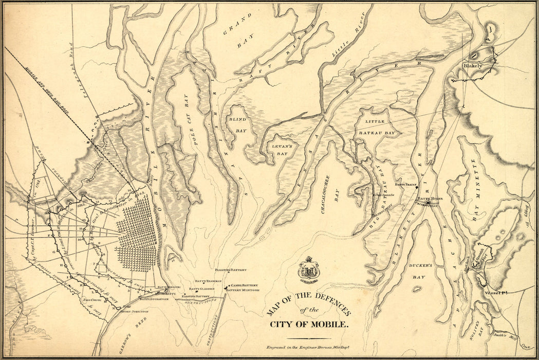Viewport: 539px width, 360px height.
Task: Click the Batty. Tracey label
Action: [x=404, y=184]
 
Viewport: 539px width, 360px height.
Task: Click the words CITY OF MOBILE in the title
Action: [x=309, y=325]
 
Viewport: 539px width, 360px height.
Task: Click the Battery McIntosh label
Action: [x=241, y=291]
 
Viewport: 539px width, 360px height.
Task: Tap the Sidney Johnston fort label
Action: [x=134, y=311]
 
